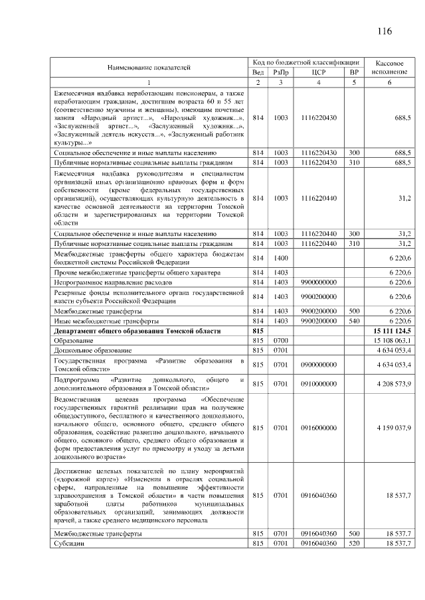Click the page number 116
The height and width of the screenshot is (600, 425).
pyautogui.click(x=384, y=31)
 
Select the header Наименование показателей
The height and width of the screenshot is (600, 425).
pyautogui.click(x=149, y=67)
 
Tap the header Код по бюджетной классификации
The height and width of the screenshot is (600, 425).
pyautogui.click(x=306, y=62)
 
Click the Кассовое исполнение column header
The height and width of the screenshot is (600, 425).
pyautogui.click(x=390, y=66)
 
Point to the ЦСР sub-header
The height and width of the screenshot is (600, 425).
pyautogui.click(x=319, y=72)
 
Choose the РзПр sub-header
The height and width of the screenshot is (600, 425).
pyautogui.click(x=281, y=72)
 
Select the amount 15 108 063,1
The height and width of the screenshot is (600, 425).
pyautogui.click(x=390, y=339)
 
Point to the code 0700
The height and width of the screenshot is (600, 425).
pyautogui.click(x=281, y=339)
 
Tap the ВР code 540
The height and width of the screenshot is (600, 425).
pyautogui.click(x=354, y=320)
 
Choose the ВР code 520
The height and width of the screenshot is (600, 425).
pyautogui.click(x=354, y=544)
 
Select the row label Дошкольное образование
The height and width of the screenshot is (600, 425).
pyautogui.click(x=94, y=349)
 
